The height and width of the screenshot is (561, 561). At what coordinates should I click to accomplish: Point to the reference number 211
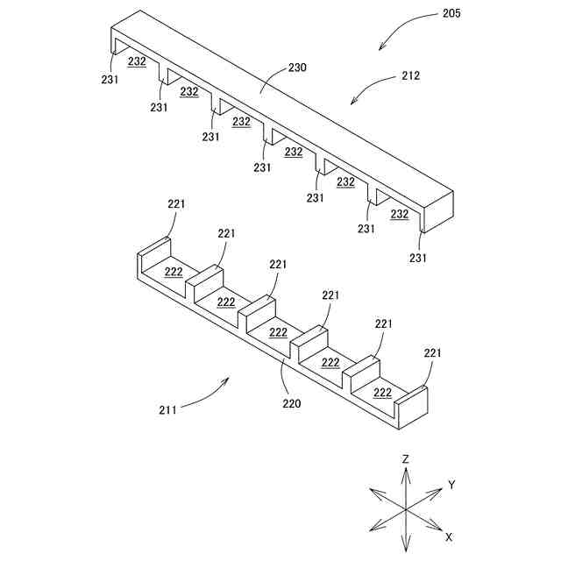click(x=168, y=408)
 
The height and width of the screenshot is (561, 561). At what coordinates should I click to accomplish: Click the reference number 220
click(x=291, y=404)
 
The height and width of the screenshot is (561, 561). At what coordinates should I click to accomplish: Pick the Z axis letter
click(x=406, y=459)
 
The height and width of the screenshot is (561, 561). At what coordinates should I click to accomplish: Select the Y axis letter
click(x=451, y=484)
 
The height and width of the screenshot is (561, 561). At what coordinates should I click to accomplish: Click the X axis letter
click(x=449, y=536)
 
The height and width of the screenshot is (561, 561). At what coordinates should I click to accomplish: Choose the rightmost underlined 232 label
click(x=399, y=214)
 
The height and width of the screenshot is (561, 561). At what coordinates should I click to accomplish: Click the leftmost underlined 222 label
click(x=173, y=271)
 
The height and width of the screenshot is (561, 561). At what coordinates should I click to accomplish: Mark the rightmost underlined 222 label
click(x=383, y=392)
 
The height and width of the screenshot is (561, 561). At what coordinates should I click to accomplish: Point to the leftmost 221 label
click(x=176, y=203)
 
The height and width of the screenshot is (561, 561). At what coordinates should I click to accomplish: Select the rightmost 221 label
click(x=433, y=352)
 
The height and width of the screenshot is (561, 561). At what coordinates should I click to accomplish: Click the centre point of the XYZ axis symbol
click(x=406, y=508)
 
